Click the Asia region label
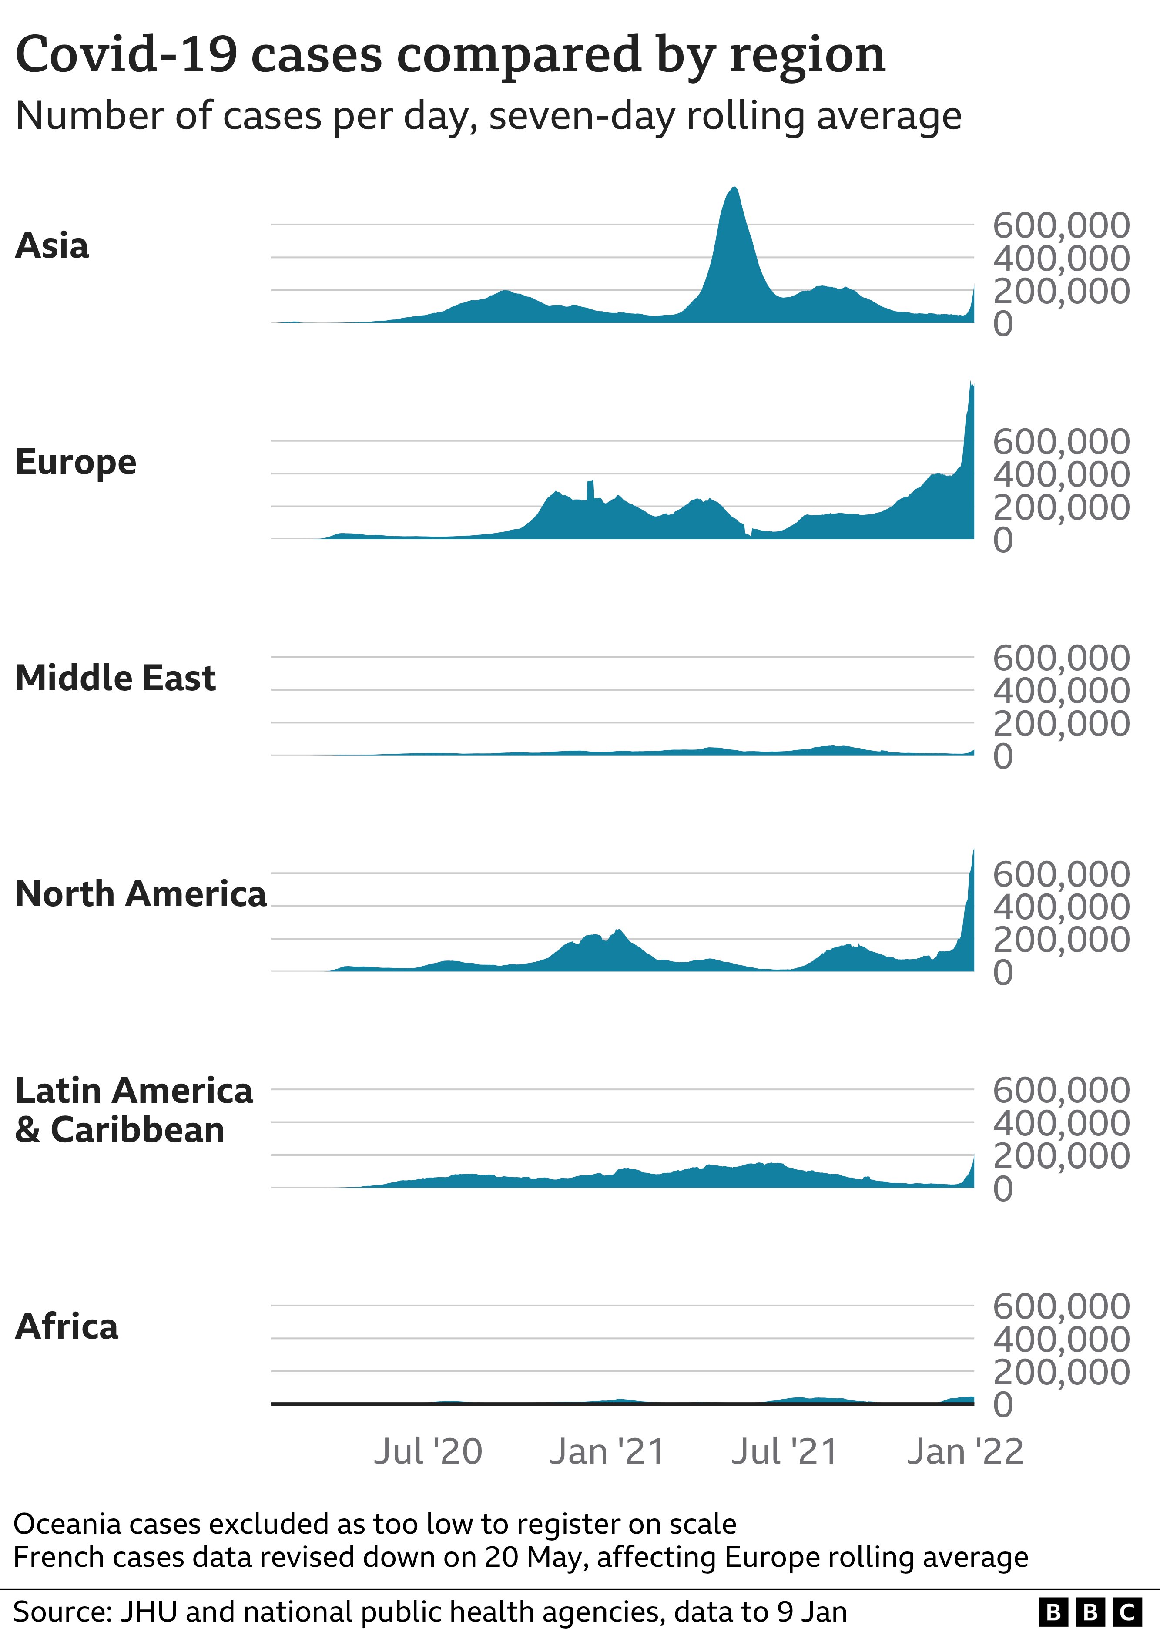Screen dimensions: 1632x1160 pos(52,246)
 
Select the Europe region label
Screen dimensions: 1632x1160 pos(76,462)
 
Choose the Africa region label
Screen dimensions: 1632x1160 pos(67,1326)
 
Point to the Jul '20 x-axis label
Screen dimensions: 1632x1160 pos(428,1451)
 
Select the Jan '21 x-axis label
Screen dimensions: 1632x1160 pos(607,1451)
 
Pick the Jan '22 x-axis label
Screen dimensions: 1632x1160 pos(965,1451)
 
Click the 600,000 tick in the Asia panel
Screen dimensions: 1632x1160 pos(1061,226)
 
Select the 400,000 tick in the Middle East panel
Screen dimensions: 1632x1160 pos(1061,691)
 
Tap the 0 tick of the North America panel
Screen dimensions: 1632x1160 pos(1003,973)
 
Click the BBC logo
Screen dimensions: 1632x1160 pos(1090,1612)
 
